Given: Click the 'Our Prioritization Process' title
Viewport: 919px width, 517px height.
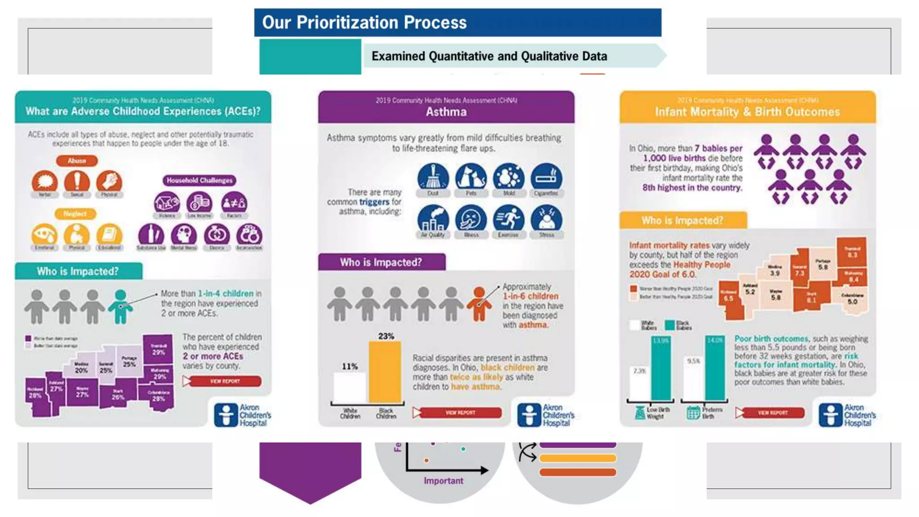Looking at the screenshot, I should [364, 22].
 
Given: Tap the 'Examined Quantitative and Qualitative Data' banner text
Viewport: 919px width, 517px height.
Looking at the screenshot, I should [489, 56].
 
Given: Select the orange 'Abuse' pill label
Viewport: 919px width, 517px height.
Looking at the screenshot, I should [77, 161].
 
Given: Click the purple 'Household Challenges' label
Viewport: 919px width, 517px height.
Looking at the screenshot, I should [199, 180].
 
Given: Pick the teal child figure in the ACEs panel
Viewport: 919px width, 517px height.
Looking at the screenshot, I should [120, 307].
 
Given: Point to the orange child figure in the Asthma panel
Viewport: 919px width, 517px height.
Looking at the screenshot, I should [479, 304].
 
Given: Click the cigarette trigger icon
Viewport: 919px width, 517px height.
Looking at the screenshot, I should [546, 177].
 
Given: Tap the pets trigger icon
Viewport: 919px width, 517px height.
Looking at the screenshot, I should [471, 177].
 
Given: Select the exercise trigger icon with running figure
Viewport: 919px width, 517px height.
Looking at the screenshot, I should [508, 219].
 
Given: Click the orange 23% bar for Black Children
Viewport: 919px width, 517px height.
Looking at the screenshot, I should [385, 372].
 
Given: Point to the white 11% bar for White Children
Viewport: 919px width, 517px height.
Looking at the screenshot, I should [350, 387].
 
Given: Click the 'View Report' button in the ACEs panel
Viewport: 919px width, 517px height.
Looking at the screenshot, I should [224, 381].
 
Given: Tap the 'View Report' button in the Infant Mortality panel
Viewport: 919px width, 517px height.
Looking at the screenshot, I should [772, 412].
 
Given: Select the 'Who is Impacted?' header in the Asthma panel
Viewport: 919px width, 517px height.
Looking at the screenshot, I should [381, 262].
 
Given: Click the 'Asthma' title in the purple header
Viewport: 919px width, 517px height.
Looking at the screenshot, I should [446, 112].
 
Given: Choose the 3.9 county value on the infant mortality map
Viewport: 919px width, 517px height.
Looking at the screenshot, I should [775, 273].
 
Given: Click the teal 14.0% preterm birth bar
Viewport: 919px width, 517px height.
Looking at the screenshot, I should [714, 368].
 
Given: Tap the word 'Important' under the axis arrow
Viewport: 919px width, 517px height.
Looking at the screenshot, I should [443, 481].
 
